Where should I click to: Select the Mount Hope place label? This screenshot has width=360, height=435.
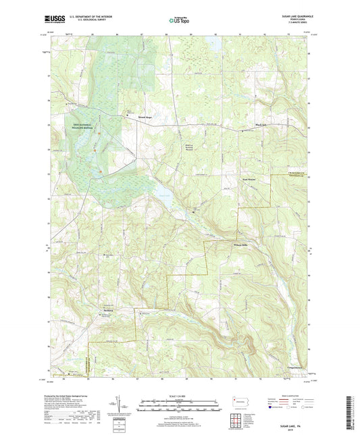click(137, 117)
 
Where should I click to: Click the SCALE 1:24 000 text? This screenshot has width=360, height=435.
click(180, 394)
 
